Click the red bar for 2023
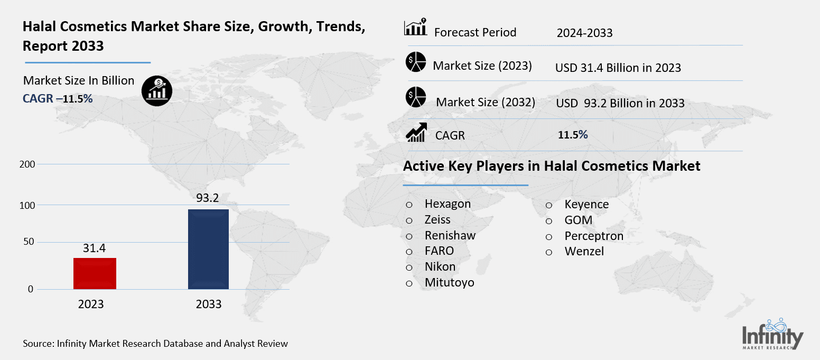click(x=95, y=273)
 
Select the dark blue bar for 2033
click(x=208, y=249)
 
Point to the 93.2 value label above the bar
click(x=208, y=198)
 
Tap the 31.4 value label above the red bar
click(x=95, y=247)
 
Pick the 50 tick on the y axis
click(x=29, y=242)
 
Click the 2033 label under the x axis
click(x=209, y=304)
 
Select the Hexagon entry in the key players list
click(x=448, y=204)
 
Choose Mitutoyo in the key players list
click(x=449, y=283)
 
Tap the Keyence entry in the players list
click(x=586, y=205)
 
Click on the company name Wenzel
click(x=584, y=252)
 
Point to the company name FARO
click(x=439, y=251)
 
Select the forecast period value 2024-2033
click(x=584, y=33)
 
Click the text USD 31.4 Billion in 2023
click(x=618, y=68)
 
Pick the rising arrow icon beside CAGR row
click(x=416, y=132)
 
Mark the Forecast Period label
click(x=475, y=33)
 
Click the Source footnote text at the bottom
click(x=155, y=344)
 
